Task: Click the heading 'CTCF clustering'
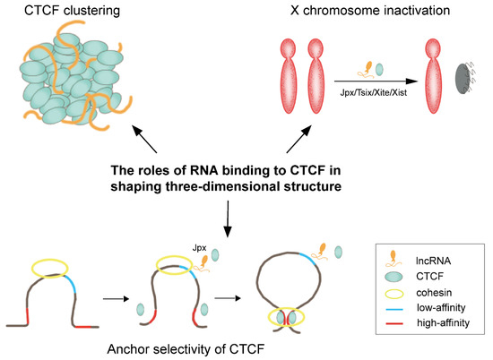tap(62, 12)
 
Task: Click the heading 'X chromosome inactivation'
tap(352, 12)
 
